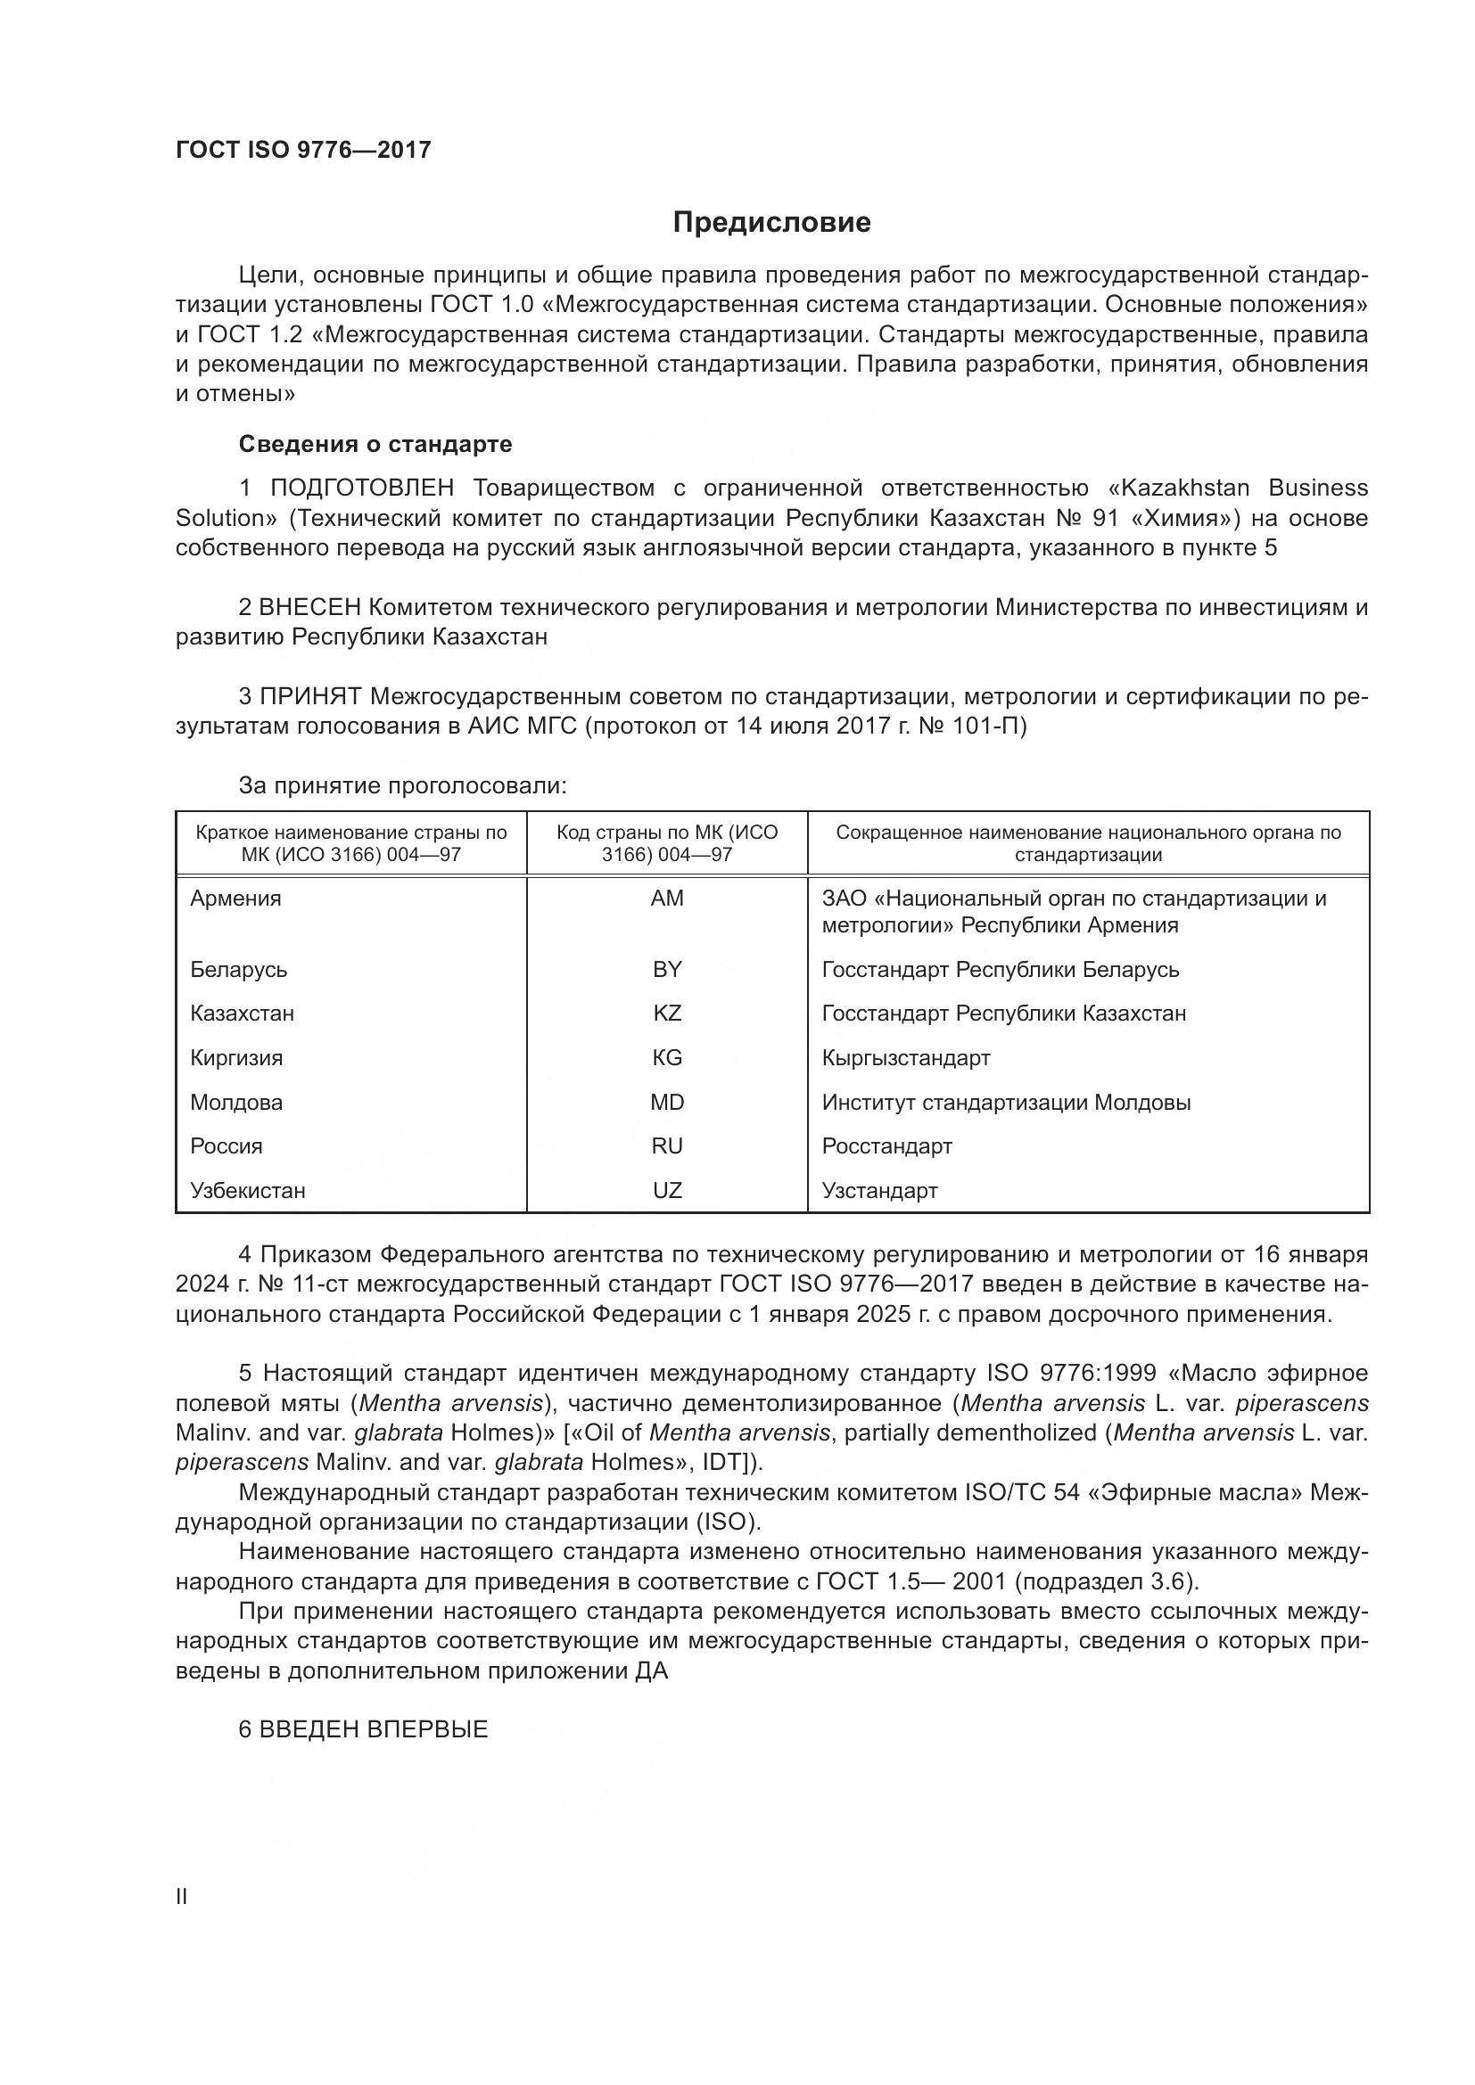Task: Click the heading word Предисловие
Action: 771,223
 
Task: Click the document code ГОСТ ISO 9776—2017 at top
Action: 303,150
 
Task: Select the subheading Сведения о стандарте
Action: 375,444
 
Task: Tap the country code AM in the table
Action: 667,899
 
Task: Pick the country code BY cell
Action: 667,969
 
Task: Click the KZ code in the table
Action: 667,1013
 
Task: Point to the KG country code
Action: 667,1057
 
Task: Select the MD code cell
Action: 667,1102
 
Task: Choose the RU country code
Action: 667,1145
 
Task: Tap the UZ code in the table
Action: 667,1190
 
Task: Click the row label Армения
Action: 236,899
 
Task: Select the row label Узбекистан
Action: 248,1190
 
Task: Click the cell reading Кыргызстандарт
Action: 905,1057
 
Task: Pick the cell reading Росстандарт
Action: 886,1145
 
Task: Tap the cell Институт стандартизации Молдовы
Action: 1006,1102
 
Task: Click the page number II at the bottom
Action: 182,1896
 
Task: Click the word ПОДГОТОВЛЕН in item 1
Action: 361,488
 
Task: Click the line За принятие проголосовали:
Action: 402,785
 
